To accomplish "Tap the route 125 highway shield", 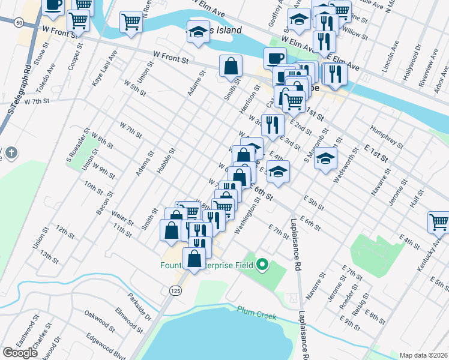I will pyautogui.click(x=175, y=290).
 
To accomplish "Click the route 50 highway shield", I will pyautogui.click(x=20, y=22).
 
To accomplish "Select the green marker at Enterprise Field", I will pyautogui.click(x=262, y=264).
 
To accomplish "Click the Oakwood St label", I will pyautogui.click(x=99, y=314).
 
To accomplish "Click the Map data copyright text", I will pyautogui.click(x=424, y=355).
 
